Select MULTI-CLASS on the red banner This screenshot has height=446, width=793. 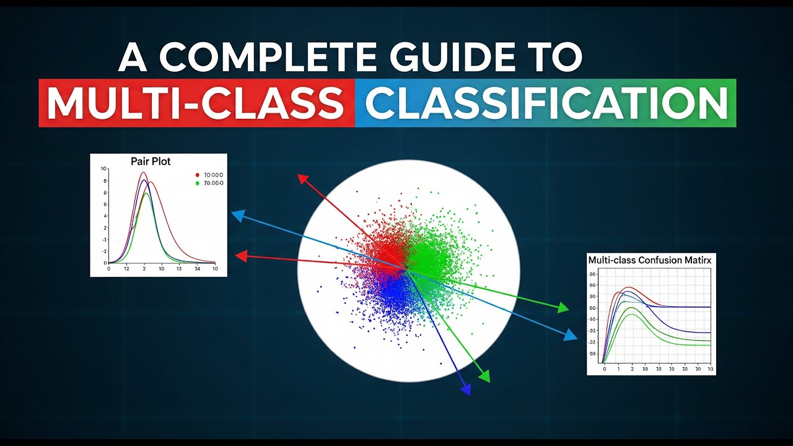tap(196, 103)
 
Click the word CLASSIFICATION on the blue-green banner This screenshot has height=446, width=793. tap(546, 103)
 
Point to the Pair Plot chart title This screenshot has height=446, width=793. tap(151, 161)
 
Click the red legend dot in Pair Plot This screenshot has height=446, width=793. tap(197, 175)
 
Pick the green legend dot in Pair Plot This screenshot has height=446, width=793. tap(197, 183)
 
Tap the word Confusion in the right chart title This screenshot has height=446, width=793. tap(658, 261)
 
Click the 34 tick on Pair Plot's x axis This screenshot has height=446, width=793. tap(198, 269)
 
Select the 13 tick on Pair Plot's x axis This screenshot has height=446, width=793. tap(179, 269)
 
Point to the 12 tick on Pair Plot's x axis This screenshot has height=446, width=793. tap(126, 269)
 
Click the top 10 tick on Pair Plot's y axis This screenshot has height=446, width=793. tap(103, 168)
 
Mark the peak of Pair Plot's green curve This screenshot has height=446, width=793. tap(146, 193)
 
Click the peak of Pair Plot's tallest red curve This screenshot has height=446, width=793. tap(143, 173)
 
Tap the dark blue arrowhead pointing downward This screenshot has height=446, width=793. tap(466, 388)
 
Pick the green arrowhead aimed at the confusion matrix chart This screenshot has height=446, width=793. tap(563, 308)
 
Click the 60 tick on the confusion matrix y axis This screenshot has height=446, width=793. tap(592, 308)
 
